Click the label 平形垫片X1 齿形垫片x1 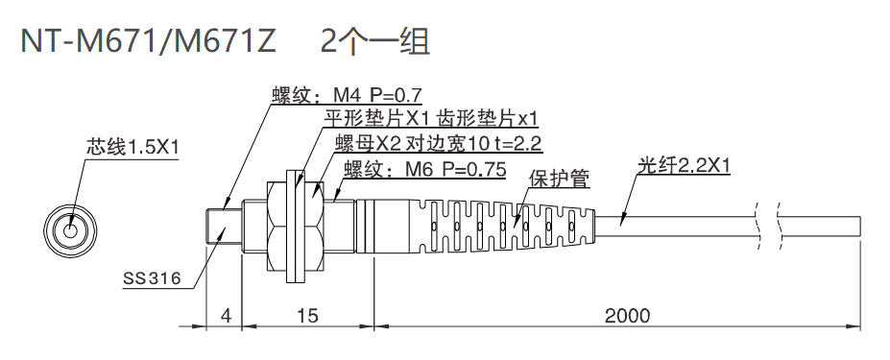429,119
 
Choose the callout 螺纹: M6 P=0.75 423,169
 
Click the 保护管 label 559,179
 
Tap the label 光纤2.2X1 684,166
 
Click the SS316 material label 152,279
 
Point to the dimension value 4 225,316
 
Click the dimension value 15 307,316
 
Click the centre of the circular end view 71,230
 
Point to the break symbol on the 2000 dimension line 767,327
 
